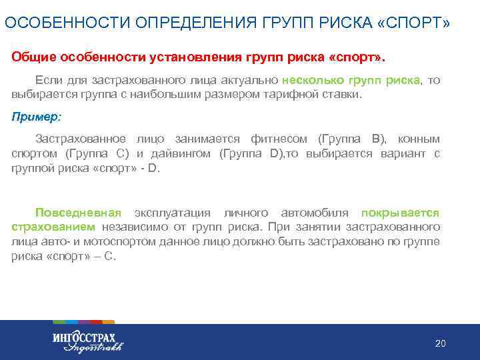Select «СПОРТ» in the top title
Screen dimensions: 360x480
(413, 23)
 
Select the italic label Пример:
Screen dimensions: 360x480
(36, 116)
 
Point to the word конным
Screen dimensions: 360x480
(419, 139)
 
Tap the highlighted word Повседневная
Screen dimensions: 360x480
(78, 213)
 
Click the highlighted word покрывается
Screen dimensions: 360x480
(400, 213)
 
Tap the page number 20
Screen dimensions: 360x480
(440, 343)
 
